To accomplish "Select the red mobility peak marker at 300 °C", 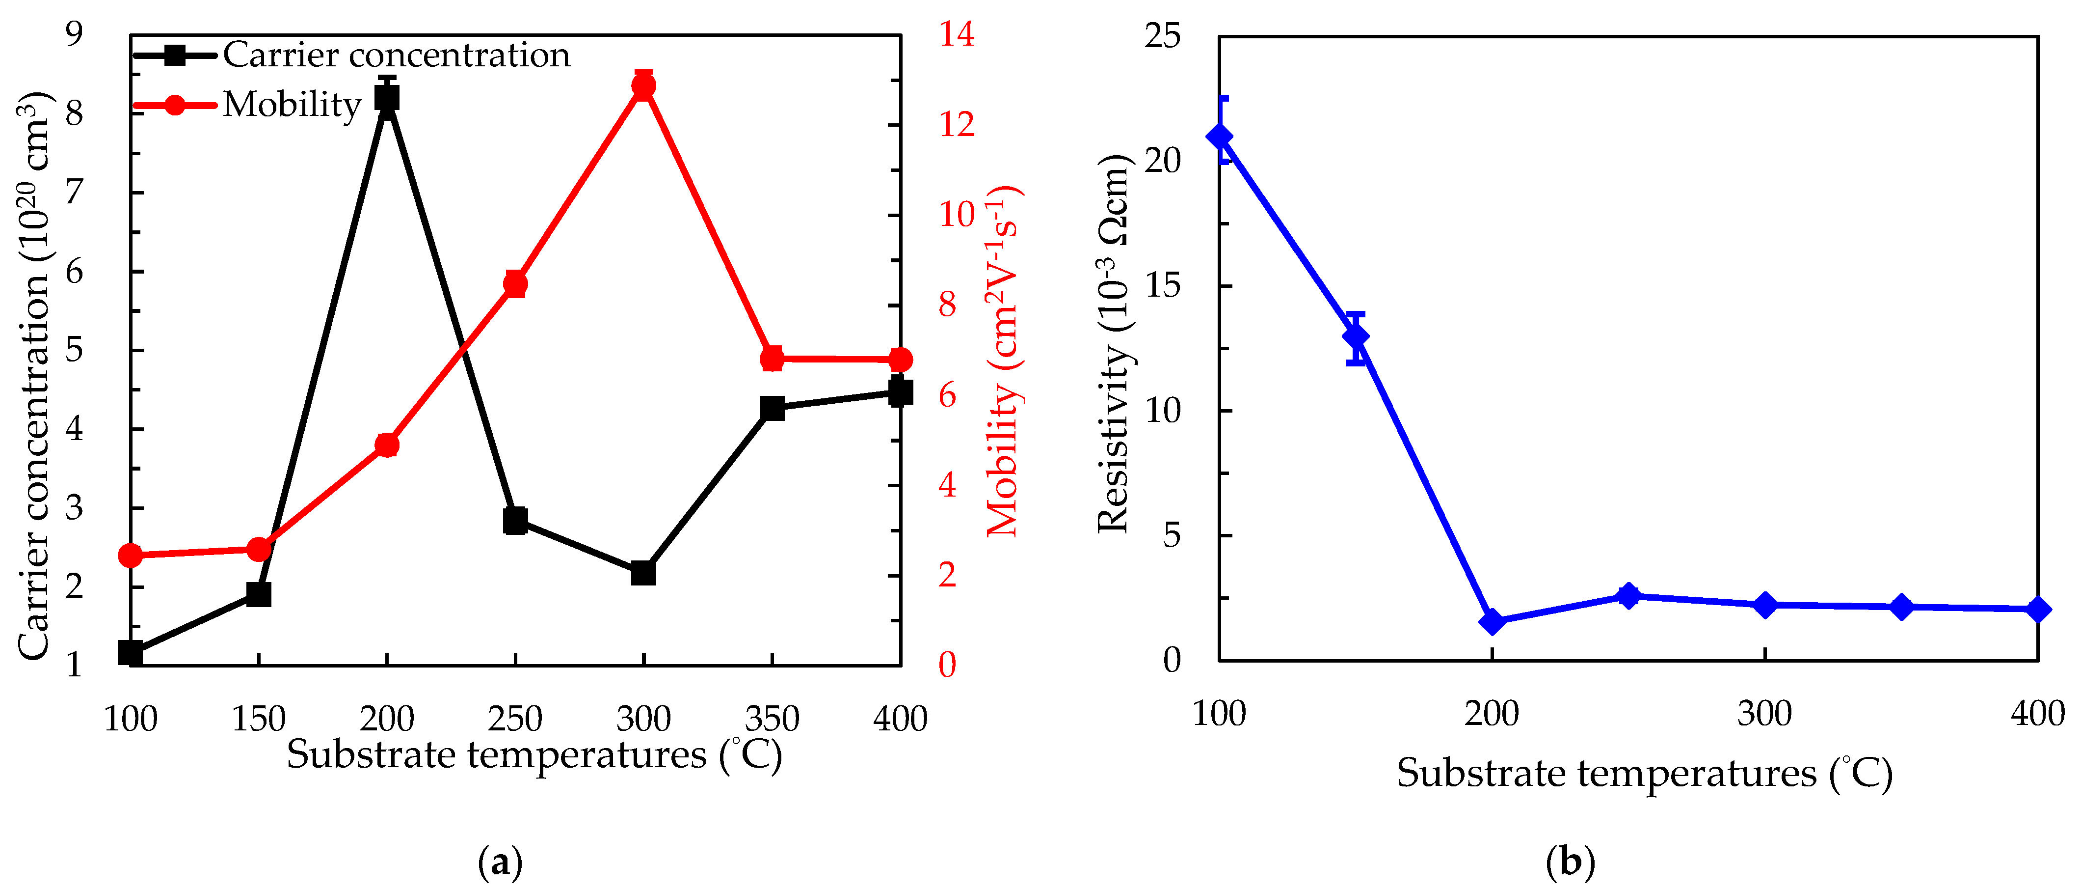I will [643, 85].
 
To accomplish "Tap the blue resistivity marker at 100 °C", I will [1219, 137].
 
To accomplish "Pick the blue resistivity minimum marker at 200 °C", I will [1492, 622].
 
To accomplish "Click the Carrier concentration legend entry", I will [396, 55].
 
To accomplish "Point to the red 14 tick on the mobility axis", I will [956, 35].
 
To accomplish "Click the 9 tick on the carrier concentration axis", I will [74, 35].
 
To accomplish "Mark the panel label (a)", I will [501, 862].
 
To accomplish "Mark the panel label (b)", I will [1570, 862].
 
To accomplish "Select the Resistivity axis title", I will [1114, 343].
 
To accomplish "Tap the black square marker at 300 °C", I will [643, 573].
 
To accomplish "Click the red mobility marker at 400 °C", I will [900, 360].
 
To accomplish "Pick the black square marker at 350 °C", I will [772, 408].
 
